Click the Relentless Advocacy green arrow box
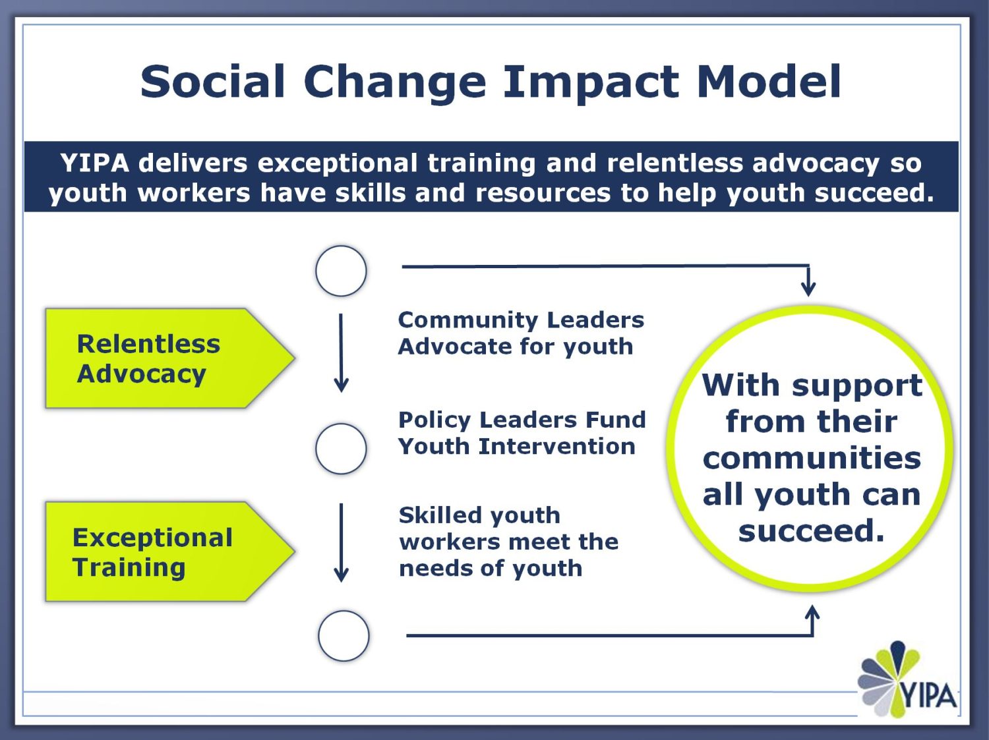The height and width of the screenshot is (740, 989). [165, 358]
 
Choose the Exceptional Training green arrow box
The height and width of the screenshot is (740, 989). [165, 552]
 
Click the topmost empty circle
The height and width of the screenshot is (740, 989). [341, 271]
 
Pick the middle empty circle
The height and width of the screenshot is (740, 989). [341, 449]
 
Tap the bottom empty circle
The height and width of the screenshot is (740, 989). [344, 636]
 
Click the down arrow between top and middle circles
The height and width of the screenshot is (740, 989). [341, 353]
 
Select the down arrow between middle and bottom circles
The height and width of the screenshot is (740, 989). [341, 543]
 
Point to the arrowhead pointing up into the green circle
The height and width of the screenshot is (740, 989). [813, 613]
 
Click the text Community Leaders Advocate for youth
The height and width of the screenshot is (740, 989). [520, 333]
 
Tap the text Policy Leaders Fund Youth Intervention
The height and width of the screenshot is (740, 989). [522, 433]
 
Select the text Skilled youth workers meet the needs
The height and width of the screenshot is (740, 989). [508, 541]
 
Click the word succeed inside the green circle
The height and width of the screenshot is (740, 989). [811, 530]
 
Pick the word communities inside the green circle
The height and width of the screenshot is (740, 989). [812, 458]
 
